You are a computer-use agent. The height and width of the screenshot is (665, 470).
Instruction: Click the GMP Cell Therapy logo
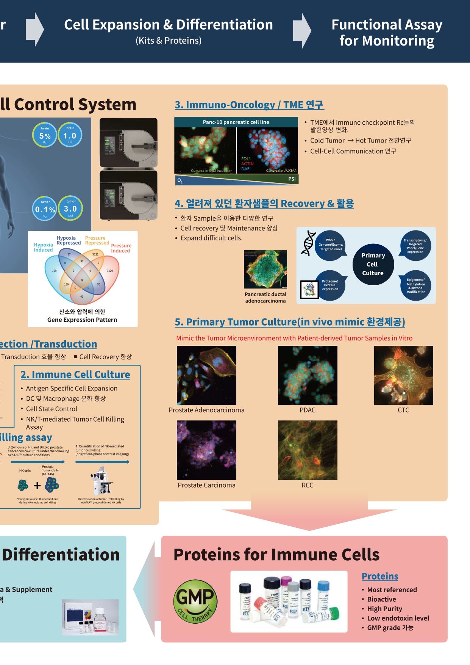(x=195, y=601)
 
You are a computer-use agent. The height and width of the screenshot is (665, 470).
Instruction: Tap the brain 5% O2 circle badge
(x=45, y=135)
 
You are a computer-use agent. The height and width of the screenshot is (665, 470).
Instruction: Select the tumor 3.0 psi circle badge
(x=70, y=208)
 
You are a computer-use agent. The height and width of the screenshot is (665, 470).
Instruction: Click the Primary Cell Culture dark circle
(x=373, y=264)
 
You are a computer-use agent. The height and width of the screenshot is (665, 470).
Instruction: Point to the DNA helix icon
(x=309, y=243)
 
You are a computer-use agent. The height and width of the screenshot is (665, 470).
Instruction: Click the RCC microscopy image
(x=308, y=450)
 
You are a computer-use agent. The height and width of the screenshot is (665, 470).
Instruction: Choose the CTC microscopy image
(x=403, y=375)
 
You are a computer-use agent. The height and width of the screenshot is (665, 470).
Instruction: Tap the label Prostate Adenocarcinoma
(x=206, y=410)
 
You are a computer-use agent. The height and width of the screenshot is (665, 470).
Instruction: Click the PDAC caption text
(x=308, y=410)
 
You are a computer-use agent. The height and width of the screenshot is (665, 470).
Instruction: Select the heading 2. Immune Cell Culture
(x=75, y=375)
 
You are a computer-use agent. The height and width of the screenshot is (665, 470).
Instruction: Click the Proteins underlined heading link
(x=380, y=576)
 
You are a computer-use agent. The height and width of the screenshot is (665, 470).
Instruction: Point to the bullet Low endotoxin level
(x=398, y=618)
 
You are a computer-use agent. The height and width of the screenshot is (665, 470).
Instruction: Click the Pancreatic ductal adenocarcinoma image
(x=265, y=269)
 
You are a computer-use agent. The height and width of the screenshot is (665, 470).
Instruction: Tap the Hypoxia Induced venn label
(x=44, y=247)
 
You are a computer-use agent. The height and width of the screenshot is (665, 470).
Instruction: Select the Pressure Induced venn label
(x=121, y=248)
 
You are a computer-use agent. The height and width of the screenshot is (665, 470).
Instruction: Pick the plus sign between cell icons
(x=37, y=486)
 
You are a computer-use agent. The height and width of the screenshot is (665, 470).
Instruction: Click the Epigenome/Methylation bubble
(x=416, y=285)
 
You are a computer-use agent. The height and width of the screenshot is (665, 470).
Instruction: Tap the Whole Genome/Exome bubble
(x=331, y=245)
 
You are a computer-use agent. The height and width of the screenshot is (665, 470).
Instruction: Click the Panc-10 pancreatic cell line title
(x=236, y=122)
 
